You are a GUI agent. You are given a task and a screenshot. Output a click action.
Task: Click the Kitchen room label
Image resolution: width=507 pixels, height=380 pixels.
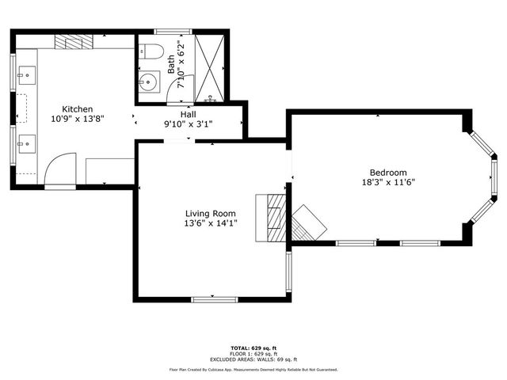(x=78, y=108)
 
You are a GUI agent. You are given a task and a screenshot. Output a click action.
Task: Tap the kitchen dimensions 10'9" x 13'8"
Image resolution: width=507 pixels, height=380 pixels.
(x=78, y=118)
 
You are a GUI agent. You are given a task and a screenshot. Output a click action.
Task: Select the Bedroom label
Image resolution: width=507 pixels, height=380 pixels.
(x=388, y=173)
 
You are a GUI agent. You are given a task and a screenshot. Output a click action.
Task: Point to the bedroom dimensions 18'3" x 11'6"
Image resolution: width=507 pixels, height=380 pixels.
(x=388, y=182)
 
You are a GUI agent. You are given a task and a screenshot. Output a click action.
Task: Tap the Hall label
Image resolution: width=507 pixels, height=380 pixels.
(x=189, y=115)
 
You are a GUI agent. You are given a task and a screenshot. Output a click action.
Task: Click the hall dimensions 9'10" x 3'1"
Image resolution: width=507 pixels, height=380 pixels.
(x=189, y=124)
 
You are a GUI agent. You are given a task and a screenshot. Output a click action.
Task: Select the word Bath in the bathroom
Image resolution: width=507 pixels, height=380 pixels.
(x=171, y=63)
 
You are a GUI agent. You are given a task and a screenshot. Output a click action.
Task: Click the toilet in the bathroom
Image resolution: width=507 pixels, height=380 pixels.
(x=153, y=53)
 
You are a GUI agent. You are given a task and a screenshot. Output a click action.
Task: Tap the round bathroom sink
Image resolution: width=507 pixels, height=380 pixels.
(x=150, y=82)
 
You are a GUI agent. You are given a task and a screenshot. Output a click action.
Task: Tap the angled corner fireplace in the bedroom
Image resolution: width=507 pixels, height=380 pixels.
(x=308, y=222)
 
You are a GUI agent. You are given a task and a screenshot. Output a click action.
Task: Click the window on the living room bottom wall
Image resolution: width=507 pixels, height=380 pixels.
(x=214, y=298)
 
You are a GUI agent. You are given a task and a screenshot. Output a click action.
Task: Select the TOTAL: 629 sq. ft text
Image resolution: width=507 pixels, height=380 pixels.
(x=253, y=348)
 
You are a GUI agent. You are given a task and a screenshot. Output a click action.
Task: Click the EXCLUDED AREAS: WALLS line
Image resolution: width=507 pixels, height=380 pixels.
(x=253, y=359)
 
